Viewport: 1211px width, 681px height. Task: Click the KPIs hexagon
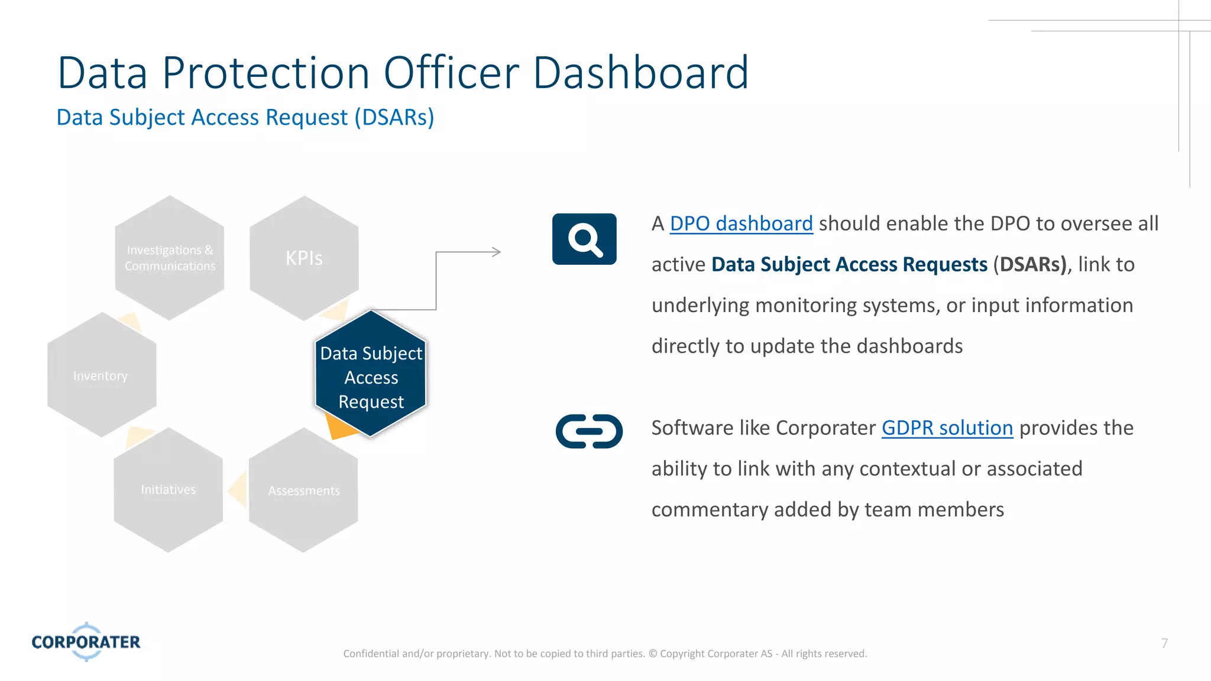(x=304, y=258)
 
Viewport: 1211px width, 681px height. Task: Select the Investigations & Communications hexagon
(x=170, y=258)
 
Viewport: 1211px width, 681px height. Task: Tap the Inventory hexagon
(x=101, y=376)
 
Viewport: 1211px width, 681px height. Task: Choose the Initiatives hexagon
(x=169, y=490)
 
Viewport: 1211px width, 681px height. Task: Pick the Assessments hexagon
(x=304, y=491)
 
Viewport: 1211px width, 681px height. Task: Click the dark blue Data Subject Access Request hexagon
(x=371, y=377)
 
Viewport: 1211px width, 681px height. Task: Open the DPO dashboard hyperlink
(x=741, y=224)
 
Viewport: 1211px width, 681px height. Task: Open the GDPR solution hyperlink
(x=947, y=428)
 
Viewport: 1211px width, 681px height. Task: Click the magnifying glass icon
(x=584, y=239)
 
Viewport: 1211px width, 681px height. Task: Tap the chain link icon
(x=589, y=432)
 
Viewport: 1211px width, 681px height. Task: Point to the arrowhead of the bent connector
(x=497, y=252)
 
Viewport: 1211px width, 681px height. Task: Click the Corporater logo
(x=86, y=642)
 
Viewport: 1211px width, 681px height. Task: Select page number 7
(x=1164, y=643)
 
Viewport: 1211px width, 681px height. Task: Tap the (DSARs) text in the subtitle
(x=394, y=118)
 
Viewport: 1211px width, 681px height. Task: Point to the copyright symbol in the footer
(x=653, y=654)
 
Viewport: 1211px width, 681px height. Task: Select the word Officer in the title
(x=451, y=73)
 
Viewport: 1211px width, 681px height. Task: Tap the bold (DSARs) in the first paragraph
(x=1031, y=264)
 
